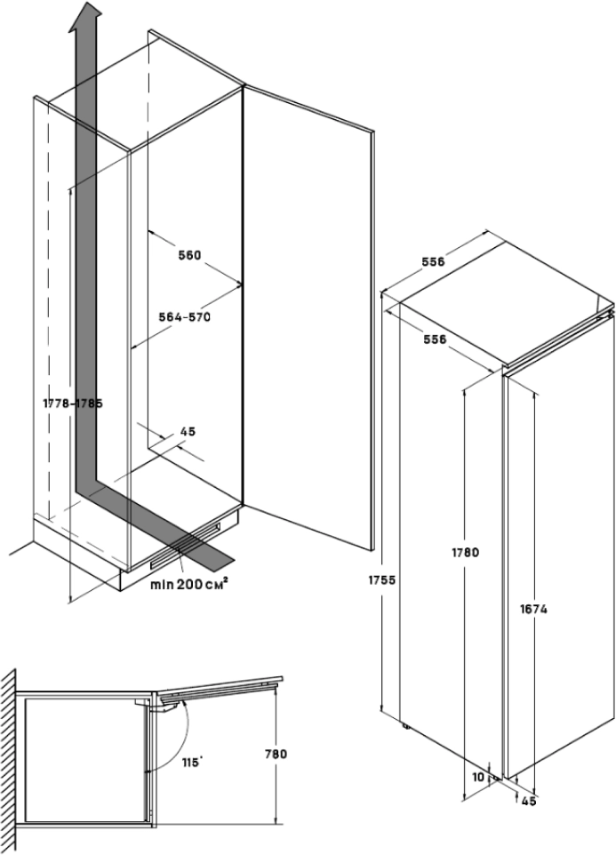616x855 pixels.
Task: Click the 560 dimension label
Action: [x=189, y=255]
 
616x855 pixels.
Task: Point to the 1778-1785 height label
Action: [x=73, y=403]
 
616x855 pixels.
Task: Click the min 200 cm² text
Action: [x=188, y=584]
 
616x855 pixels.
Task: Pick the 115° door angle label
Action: [x=189, y=762]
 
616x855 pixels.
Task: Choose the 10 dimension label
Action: [x=480, y=776]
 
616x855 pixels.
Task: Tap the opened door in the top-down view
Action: [x=222, y=685]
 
